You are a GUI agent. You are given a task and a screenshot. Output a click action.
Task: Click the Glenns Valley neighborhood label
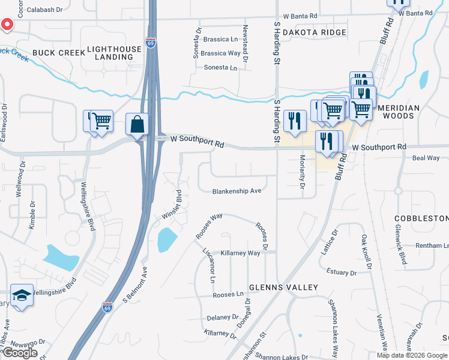point(283,287)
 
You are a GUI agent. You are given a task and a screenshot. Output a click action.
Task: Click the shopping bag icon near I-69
point(137,125)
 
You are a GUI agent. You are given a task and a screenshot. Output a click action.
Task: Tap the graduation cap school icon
point(22,296)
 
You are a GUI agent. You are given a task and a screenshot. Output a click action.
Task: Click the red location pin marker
point(7,25)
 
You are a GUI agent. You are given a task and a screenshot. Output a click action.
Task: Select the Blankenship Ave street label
point(237,191)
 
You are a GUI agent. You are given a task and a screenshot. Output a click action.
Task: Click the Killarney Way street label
point(240,253)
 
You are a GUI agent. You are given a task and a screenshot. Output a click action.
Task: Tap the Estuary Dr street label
point(340,273)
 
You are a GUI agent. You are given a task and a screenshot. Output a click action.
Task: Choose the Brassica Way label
point(220,53)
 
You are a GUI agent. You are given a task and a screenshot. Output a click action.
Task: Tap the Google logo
point(20,353)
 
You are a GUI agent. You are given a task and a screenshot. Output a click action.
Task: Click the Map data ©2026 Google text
point(411,355)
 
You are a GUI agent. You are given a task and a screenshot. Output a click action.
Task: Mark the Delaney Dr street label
point(223,317)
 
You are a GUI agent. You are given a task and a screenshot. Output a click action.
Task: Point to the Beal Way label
point(426,158)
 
